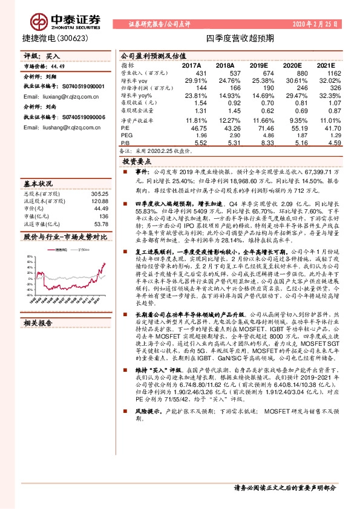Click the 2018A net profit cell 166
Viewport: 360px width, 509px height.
(x=224, y=88)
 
